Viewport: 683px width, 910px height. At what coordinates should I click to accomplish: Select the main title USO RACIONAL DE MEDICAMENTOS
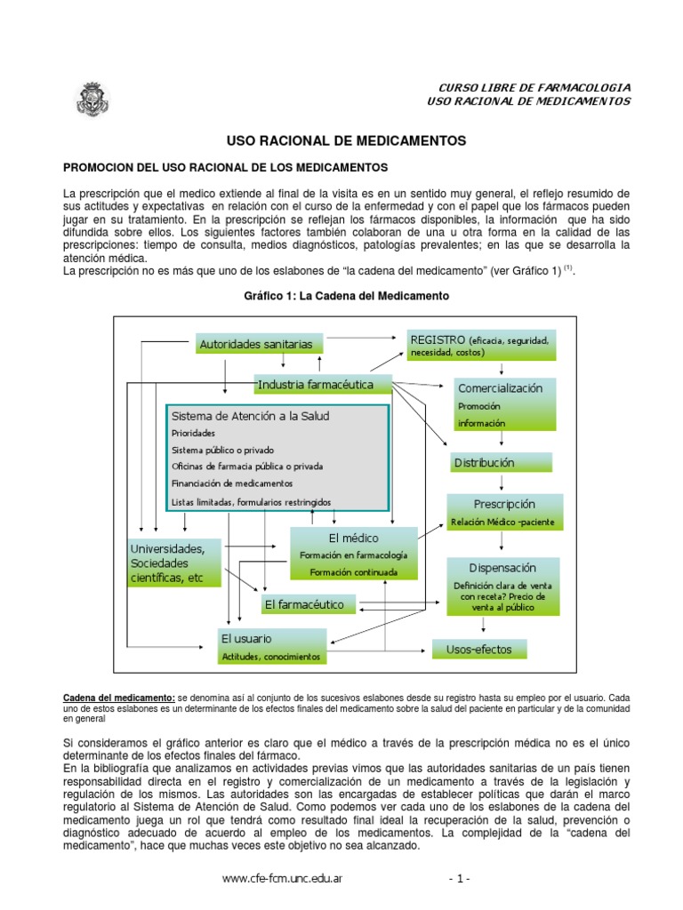click(x=347, y=140)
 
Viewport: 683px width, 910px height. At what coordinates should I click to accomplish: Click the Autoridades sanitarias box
click(x=256, y=343)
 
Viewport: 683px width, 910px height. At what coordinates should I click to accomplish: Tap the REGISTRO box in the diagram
click(x=481, y=345)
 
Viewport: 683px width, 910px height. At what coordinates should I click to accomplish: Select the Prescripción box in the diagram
click(x=504, y=513)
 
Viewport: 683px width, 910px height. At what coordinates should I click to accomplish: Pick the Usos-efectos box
click(x=478, y=650)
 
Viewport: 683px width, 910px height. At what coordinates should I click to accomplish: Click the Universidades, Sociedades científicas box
click(x=174, y=563)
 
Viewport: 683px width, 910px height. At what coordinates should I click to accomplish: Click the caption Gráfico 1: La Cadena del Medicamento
click(x=347, y=295)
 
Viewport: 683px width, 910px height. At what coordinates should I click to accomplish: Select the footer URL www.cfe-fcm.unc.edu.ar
click(x=284, y=879)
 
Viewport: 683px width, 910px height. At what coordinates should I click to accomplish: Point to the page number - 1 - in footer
click(x=460, y=879)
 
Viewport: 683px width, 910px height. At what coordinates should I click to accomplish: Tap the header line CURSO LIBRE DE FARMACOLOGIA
click(x=535, y=87)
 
